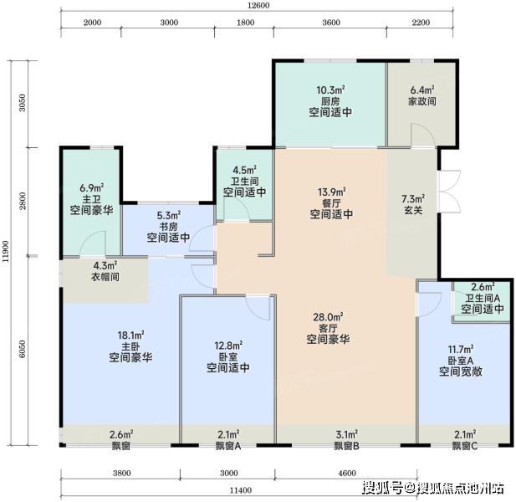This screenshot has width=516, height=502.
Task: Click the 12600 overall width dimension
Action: click(x=258, y=6)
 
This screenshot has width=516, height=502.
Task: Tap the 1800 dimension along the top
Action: click(x=246, y=23)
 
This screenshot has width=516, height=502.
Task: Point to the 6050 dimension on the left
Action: click(x=22, y=349)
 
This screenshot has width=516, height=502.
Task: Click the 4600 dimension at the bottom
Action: click(x=347, y=473)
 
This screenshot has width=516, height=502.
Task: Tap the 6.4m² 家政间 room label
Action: click(x=422, y=95)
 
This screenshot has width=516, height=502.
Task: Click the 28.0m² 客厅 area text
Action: click(x=328, y=328)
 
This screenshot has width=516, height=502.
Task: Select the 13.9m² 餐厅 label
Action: click(x=331, y=203)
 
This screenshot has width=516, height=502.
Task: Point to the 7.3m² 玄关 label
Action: click(x=413, y=204)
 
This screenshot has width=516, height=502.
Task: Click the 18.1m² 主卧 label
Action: click(x=130, y=346)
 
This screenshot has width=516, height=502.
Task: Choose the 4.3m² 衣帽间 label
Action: click(x=105, y=271)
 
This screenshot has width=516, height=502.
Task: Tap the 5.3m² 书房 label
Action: click(x=168, y=227)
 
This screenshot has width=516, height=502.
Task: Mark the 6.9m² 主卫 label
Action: click(x=91, y=199)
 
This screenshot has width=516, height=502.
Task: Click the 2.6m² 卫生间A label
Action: click(x=483, y=298)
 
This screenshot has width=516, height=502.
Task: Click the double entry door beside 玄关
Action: click(x=449, y=192)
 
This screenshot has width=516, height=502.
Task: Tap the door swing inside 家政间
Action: click(x=423, y=135)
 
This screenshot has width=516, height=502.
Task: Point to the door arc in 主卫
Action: click(x=93, y=243)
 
